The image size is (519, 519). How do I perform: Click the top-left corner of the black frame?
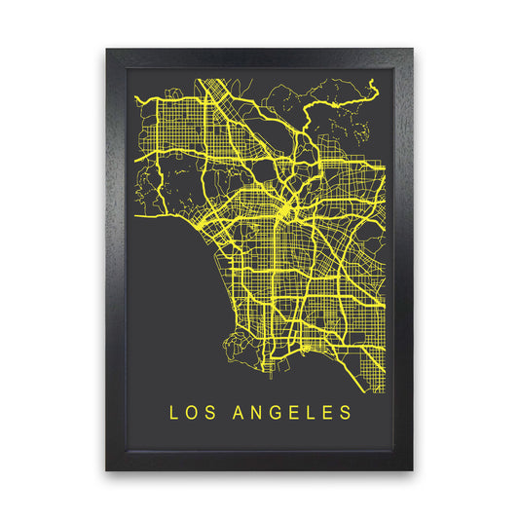(108, 49)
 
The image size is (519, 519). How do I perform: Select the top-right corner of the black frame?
(412, 49)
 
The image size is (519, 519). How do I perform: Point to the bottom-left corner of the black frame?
(108, 469)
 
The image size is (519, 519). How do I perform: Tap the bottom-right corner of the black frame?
(412, 469)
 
